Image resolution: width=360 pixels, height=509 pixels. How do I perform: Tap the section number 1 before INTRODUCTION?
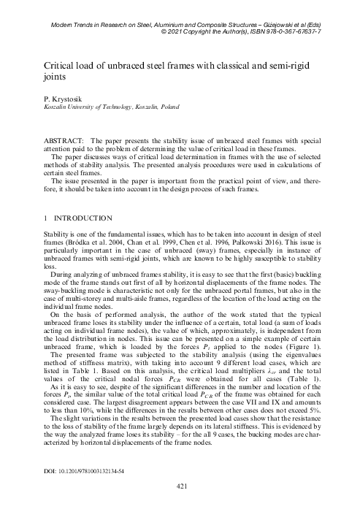47,218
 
